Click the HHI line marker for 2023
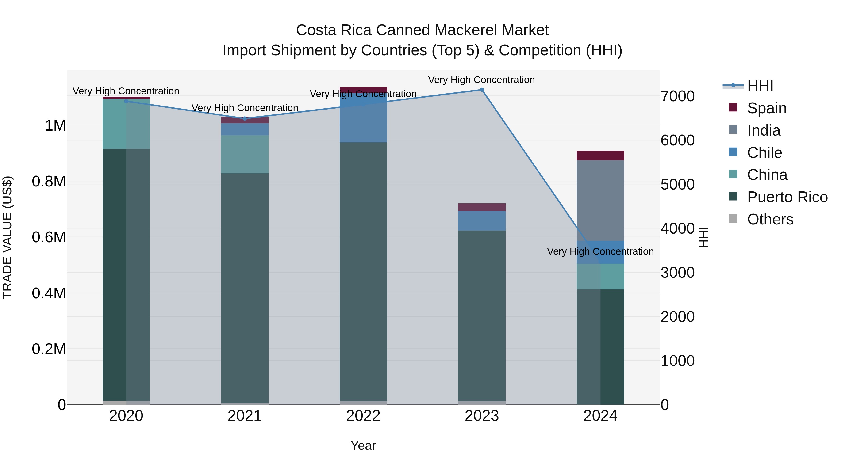click(x=482, y=90)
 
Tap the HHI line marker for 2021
click(x=245, y=119)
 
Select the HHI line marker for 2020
click(x=126, y=101)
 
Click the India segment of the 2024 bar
click(x=600, y=200)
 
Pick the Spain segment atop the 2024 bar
click(x=600, y=155)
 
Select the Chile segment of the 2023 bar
click(x=482, y=221)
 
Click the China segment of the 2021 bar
click(x=245, y=154)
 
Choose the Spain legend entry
click(x=766, y=108)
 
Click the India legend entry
click(x=763, y=130)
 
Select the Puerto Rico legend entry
click(x=787, y=197)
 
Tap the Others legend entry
click(x=770, y=219)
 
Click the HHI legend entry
click(x=760, y=86)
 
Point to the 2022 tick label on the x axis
click(x=363, y=416)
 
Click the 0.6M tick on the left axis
click(x=49, y=237)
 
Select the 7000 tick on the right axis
click(x=677, y=96)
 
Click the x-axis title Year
click(x=363, y=445)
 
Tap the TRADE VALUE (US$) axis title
click(x=7, y=237)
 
